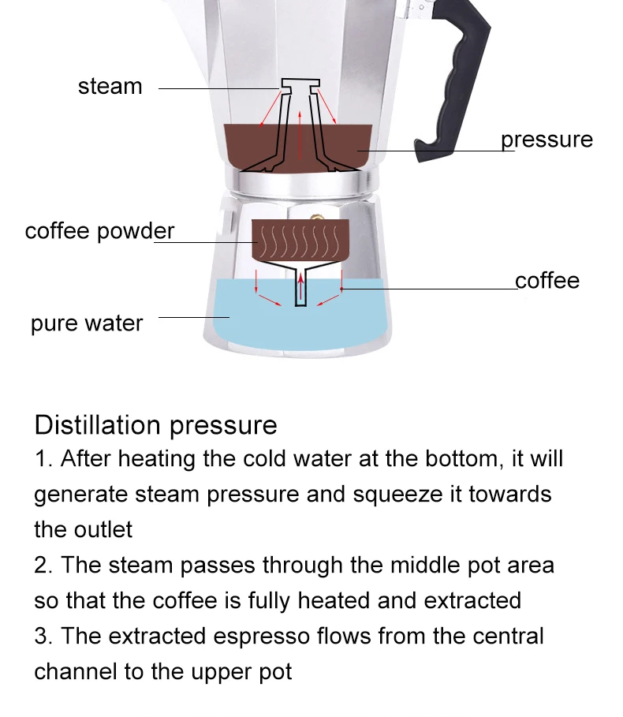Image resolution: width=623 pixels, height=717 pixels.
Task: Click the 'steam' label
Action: (110, 86)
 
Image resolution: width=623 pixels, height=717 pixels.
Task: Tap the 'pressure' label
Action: (547, 140)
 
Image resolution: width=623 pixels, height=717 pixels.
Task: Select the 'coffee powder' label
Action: (99, 231)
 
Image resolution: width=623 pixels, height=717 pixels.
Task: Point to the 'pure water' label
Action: (87, 323)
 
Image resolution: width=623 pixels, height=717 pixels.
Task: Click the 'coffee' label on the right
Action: (547, 281)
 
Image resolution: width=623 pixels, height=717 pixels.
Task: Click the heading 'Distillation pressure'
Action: (155, 425)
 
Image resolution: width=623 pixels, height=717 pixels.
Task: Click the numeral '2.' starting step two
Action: (43, 566)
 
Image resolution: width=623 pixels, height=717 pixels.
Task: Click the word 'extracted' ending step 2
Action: (472, 600)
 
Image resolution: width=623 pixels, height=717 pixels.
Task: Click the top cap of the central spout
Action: (300, 83)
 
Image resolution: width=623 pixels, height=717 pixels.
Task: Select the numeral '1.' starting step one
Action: (43, 459)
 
